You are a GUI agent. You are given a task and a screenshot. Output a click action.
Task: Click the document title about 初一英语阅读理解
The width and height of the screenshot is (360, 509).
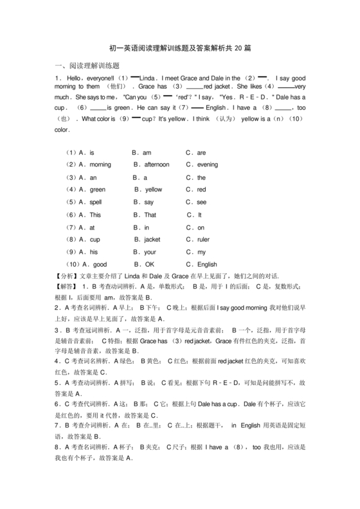(179, 48)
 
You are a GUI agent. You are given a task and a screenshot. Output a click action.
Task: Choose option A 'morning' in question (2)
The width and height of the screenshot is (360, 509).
(95, 165)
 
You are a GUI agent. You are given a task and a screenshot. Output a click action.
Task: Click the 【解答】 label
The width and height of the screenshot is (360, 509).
(67, 287)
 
